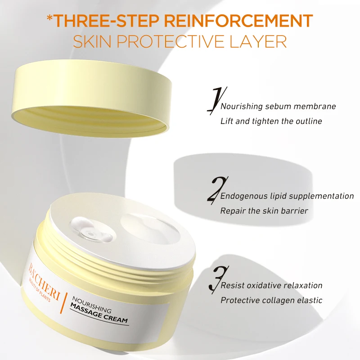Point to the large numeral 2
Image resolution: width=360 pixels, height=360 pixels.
(214, 189)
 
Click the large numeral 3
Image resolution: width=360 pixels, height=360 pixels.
(214, 279)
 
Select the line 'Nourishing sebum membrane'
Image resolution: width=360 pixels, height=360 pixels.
(278, 107)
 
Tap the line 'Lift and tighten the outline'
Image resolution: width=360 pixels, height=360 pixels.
(271, 121)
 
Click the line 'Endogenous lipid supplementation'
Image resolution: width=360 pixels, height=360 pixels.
(287, 196)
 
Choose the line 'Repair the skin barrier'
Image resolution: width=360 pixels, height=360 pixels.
(264, 211)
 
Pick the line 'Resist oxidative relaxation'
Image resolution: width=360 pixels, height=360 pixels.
(271, 285)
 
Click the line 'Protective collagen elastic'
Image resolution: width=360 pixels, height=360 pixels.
(271, 300)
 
